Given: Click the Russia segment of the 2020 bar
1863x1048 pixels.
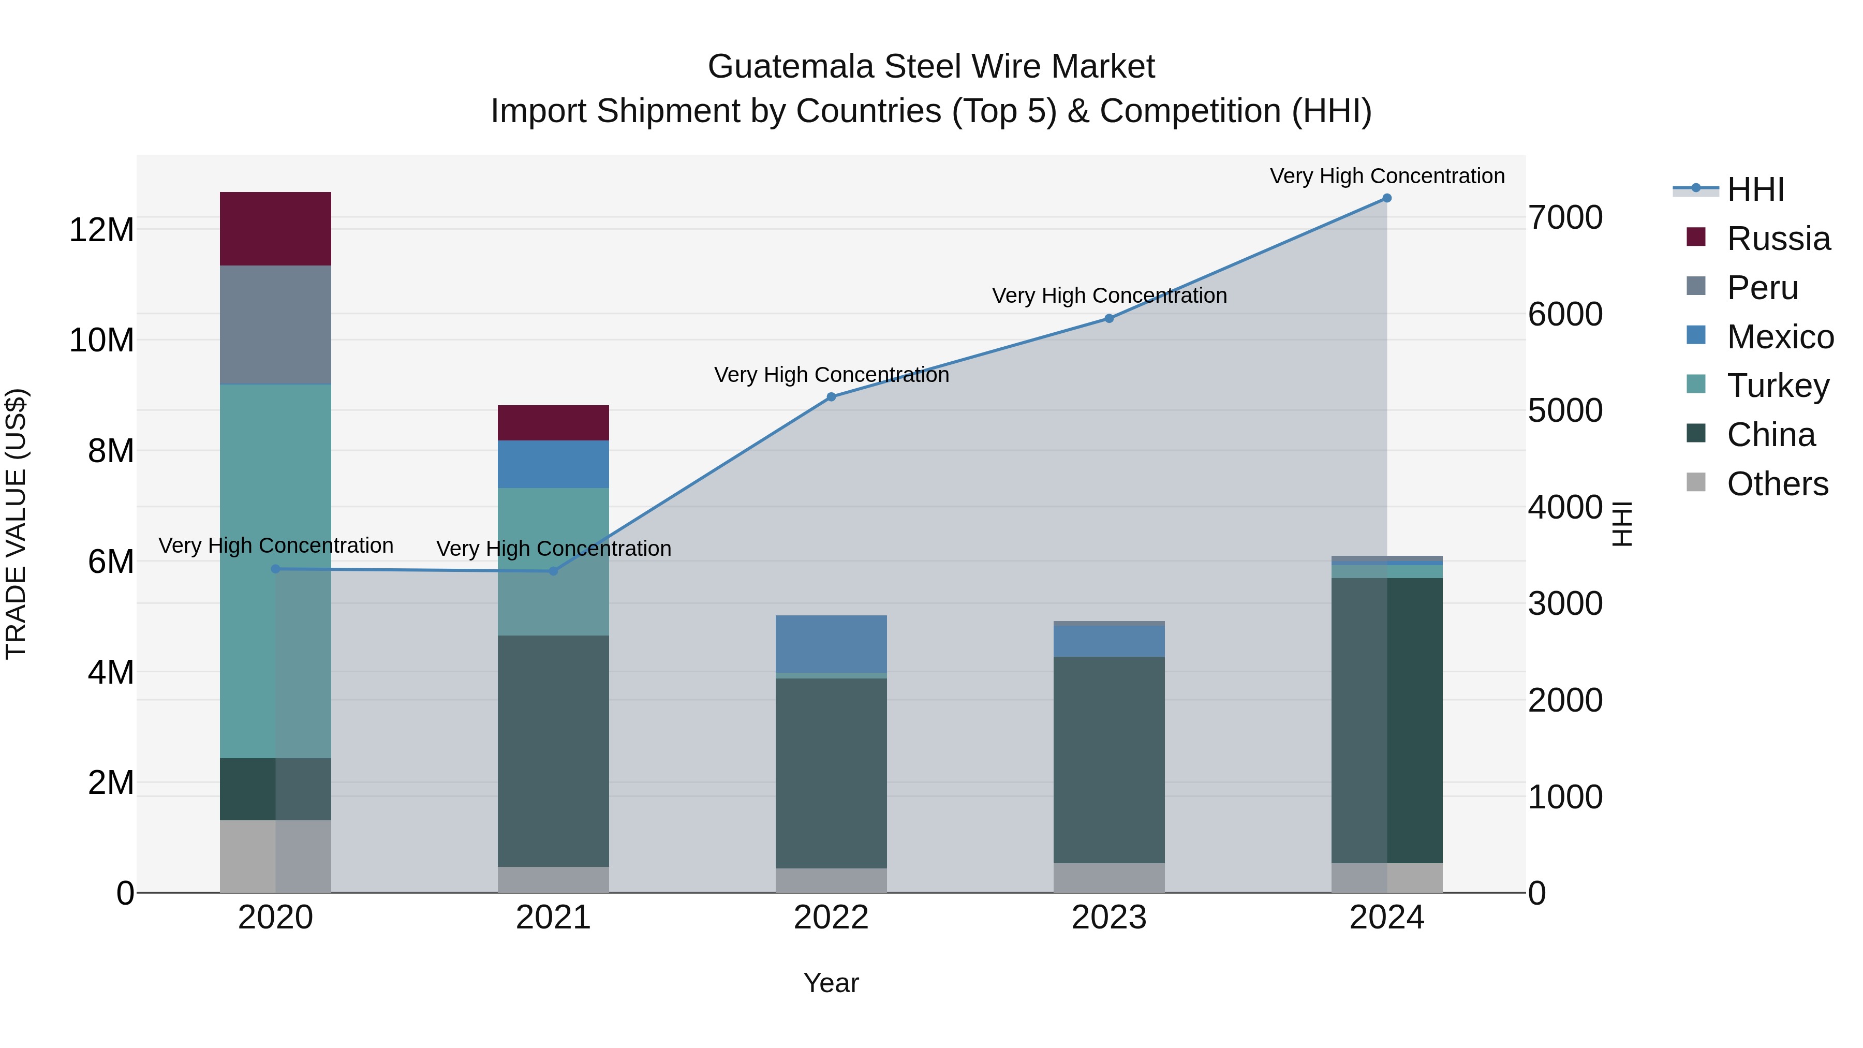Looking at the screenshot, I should (x=275, y=229).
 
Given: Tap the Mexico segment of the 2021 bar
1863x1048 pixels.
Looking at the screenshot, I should (x=553, y=464).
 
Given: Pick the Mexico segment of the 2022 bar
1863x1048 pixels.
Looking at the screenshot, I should (x=831, y=644).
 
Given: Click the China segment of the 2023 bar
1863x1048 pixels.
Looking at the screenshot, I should (x=1108, y=759).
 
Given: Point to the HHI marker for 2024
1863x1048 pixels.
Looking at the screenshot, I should (x=1386, y=198).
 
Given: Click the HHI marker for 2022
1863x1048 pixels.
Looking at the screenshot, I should (x=831, y=397).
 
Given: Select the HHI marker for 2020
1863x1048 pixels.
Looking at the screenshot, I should (x=275, y=569).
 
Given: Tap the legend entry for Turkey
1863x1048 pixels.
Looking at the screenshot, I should (x=1778, y=386).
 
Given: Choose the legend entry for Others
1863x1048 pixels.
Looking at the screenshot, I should (x=1777, y=484).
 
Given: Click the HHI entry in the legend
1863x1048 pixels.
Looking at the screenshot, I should (x=1755, y=189).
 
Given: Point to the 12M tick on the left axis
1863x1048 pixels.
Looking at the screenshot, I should (x=101, y=230).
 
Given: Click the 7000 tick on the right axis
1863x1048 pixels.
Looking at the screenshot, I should (x=1565, y=218).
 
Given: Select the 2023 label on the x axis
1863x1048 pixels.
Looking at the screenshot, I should (x=1108, y=918).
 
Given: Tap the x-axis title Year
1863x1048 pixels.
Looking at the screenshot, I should (x=831, y=983).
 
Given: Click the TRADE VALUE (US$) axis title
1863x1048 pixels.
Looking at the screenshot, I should (x=16, y=524).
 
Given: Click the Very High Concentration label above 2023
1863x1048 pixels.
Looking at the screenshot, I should (x=1108, y=296).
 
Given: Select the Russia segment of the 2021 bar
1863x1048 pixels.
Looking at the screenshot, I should (x=553, y=423).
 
